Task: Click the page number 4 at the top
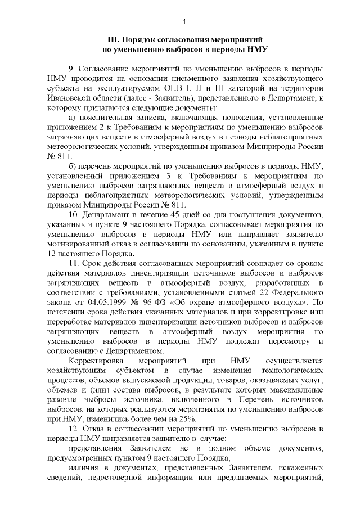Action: coord(184,21)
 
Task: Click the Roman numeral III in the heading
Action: coord(113,40)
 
